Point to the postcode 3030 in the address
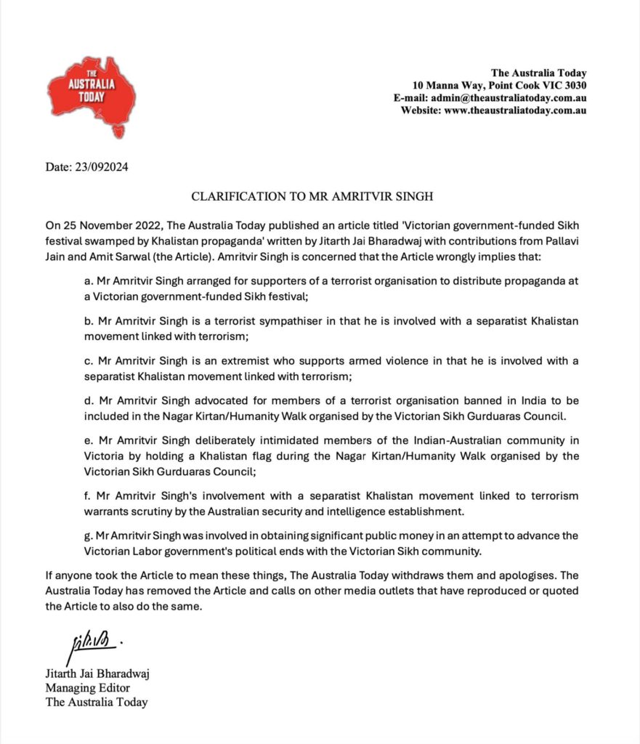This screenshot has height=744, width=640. [573, 85]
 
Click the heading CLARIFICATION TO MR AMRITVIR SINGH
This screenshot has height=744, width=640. [320, 197]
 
